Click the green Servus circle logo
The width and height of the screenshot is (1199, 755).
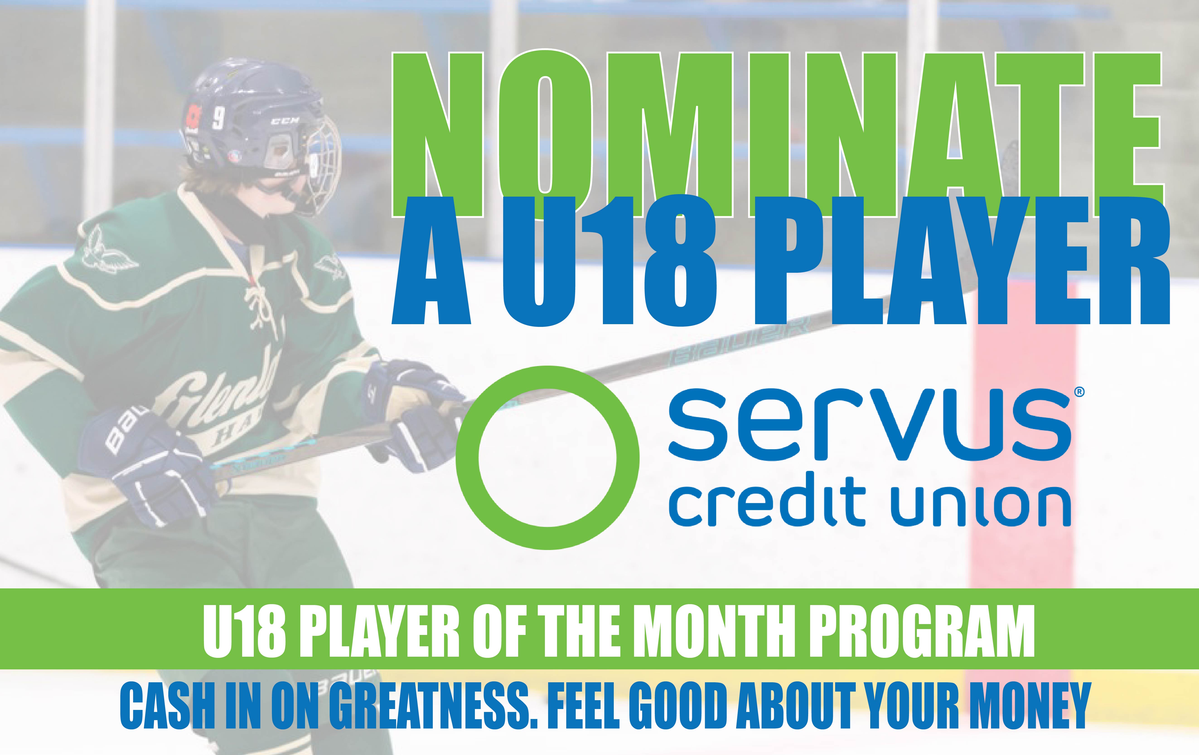point(547,458)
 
